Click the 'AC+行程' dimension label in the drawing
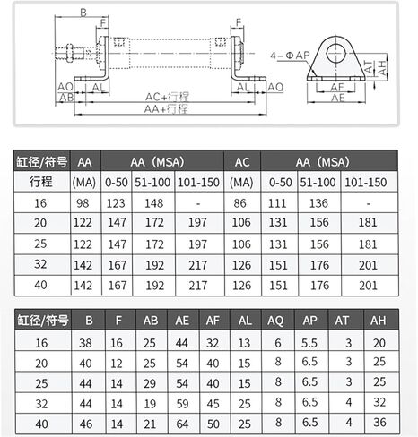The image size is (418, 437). click(x=168, y=96)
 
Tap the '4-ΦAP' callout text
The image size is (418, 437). click(x=292, y=56)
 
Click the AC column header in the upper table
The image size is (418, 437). click(x=241, y=162)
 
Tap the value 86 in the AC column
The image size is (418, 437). click(x=241, y=204)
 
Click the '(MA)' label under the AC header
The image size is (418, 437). click(x=241, y=182)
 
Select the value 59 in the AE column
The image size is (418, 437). click(x=182, y=402)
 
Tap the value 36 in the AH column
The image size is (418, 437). click(x=379, y=422)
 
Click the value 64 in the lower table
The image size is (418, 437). click(x=182, y=422)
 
